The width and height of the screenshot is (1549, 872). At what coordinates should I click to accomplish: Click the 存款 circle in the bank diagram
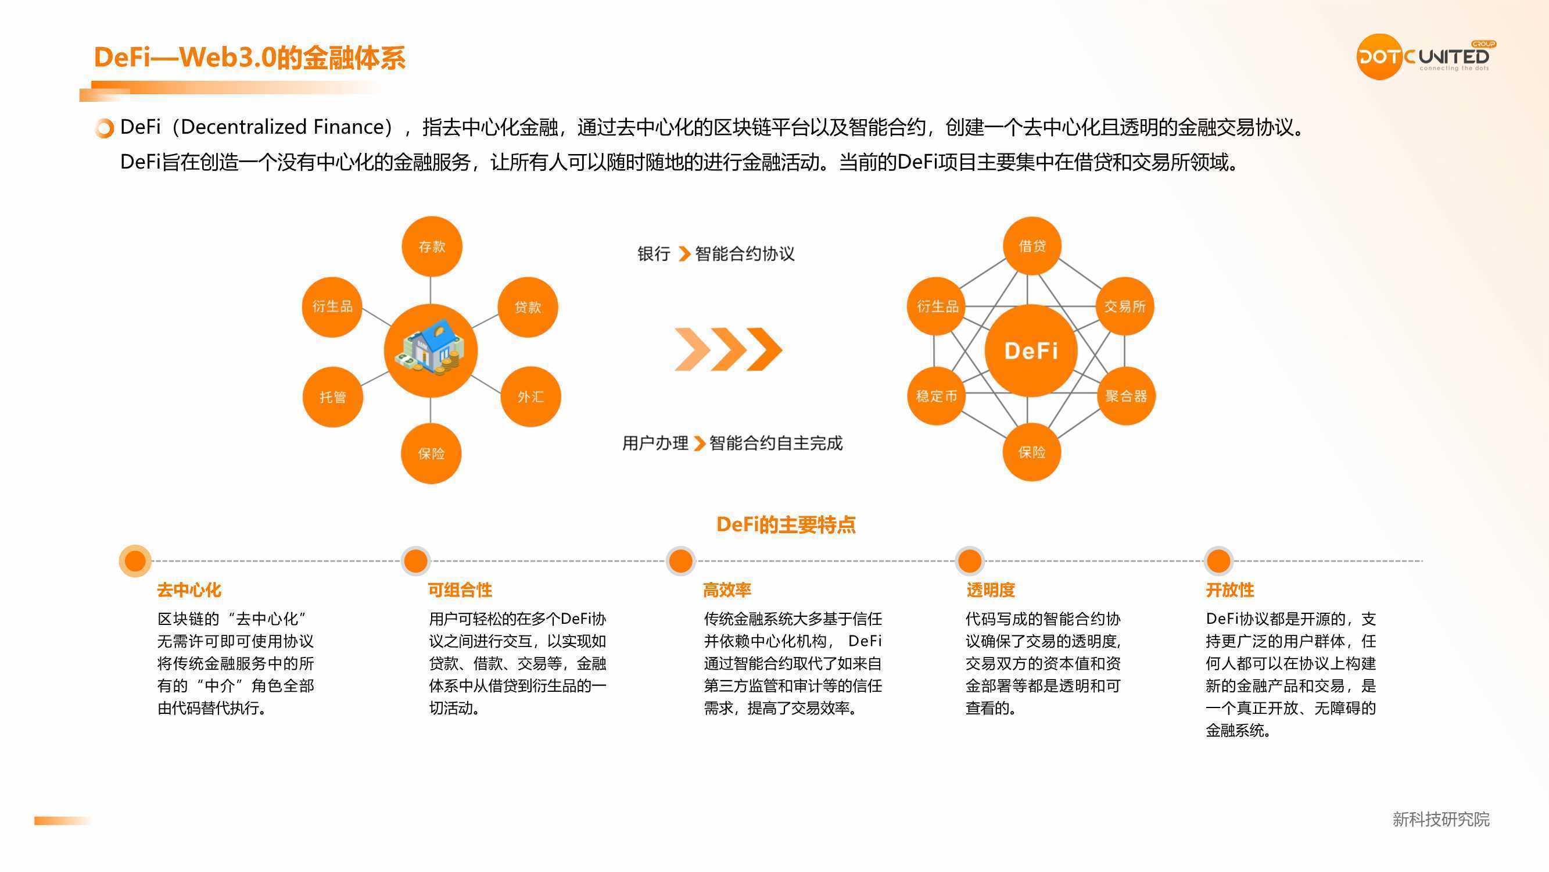coord(431,246)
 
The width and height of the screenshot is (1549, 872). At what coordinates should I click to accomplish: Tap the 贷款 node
coord(528,307)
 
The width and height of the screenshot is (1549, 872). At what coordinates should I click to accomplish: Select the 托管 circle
coord(332,396)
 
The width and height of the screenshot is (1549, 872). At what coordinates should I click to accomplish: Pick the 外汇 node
coord(530,396)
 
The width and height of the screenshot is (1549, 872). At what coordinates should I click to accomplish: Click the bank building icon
coord(431,347)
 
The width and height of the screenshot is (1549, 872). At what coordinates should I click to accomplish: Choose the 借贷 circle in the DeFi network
coord(1032,245)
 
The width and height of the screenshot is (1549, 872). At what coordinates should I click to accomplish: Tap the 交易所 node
coord(1124,306)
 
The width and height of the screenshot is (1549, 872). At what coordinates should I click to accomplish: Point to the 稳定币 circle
coord(936,396)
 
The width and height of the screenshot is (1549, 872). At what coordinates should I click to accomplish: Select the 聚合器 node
coord(1125,396)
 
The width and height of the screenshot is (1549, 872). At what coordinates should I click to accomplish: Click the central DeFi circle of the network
coord(1031,350)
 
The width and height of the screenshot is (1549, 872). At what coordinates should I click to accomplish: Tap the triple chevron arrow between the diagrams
coord(728,349)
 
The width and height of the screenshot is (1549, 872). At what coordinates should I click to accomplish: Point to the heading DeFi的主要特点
coord(786,525)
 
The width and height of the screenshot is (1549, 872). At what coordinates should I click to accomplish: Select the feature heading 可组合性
coord(460,589)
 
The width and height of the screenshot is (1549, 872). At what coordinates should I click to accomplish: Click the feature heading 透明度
coord(991,589)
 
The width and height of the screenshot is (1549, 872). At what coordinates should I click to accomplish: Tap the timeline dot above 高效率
coord(681,561)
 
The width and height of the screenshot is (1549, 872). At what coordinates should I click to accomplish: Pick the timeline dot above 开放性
coord(1218,561)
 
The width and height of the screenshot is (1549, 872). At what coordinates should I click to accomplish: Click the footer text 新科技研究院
coord(1441,819)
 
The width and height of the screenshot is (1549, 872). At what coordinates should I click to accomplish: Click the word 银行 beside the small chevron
coord(654,254)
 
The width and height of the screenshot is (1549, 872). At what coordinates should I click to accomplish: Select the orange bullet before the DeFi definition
coord(105,128)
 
